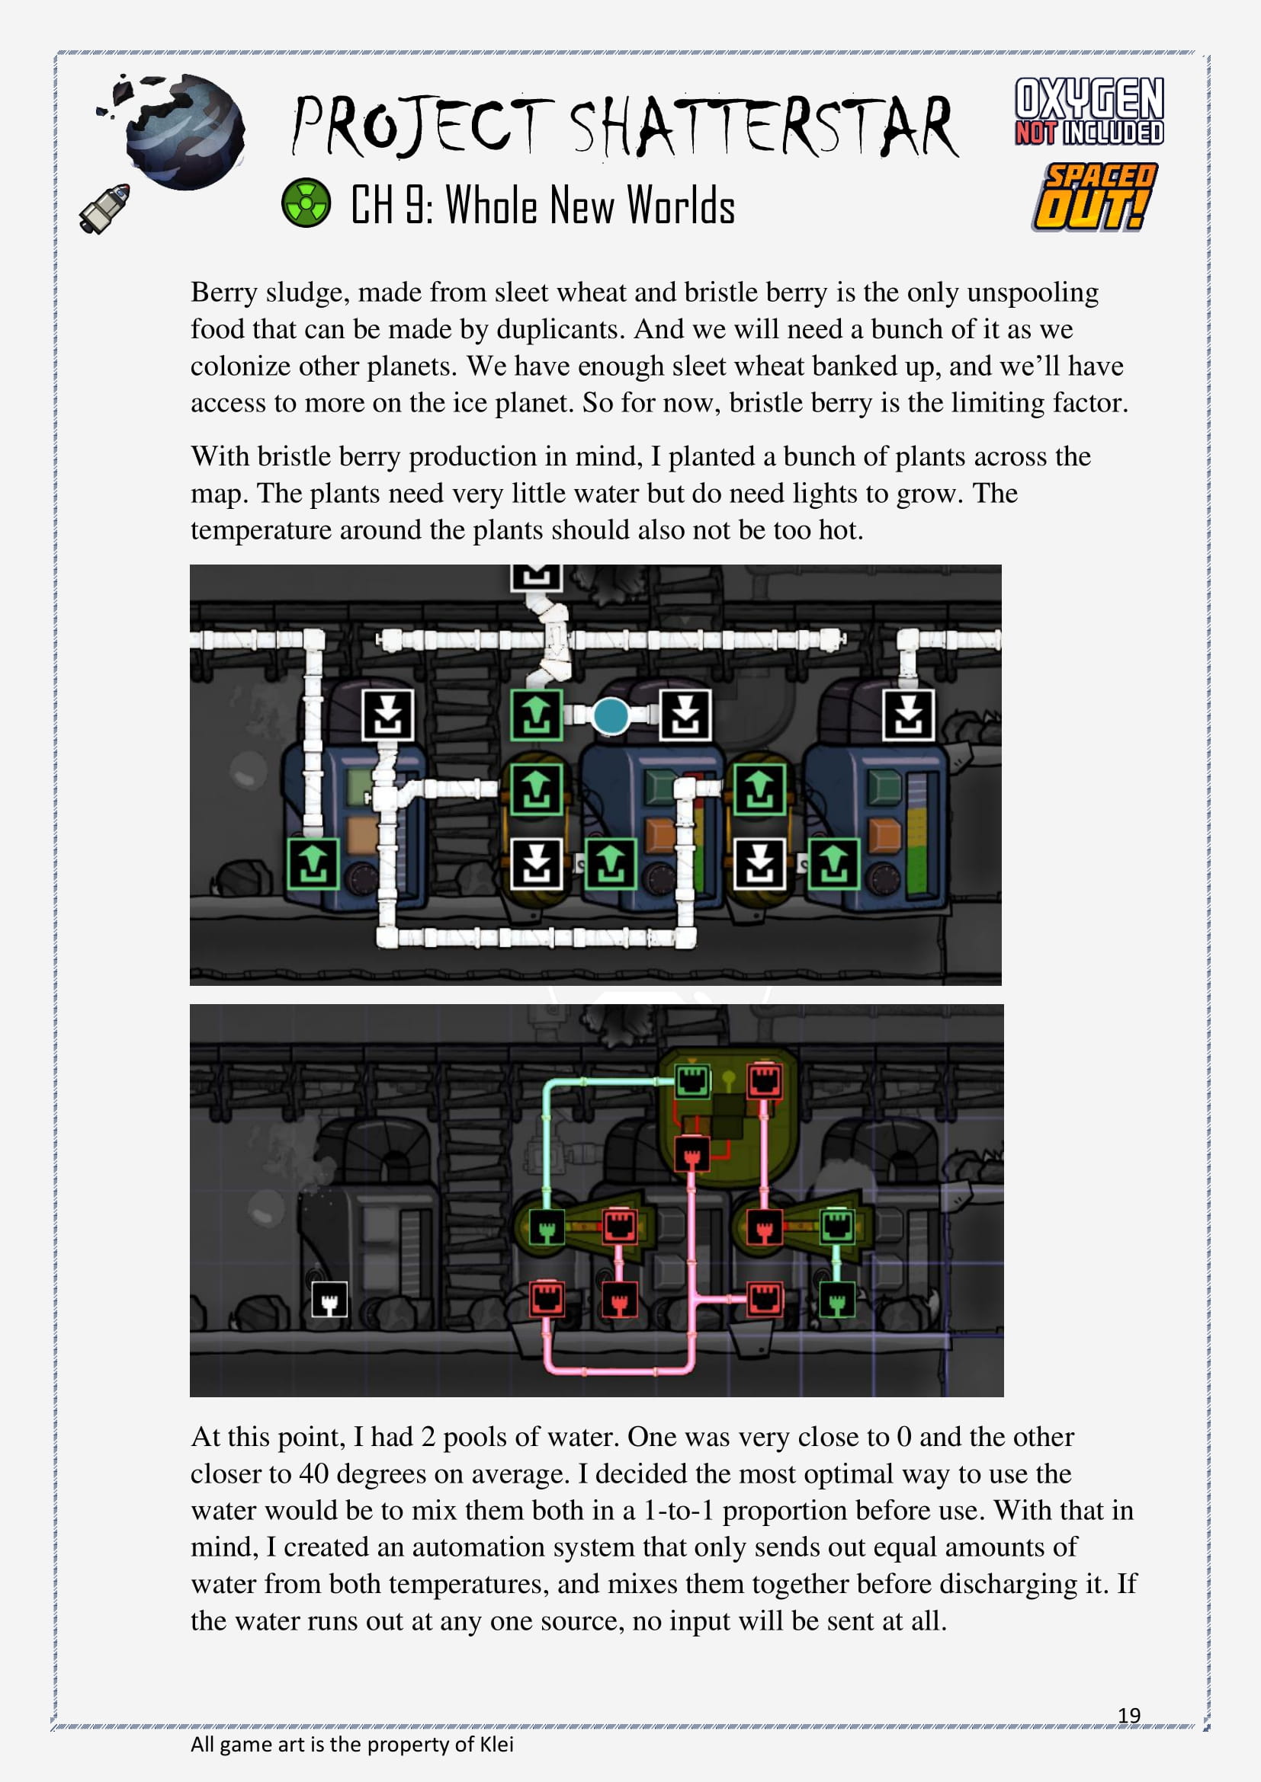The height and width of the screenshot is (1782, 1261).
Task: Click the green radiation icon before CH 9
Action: tap(306, 203)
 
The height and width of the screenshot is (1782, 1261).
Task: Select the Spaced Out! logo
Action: tap(1095, 197)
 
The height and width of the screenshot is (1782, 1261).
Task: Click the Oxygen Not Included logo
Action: tap(1089, 111)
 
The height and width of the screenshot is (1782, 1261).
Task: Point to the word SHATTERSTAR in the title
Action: tap(765, 126)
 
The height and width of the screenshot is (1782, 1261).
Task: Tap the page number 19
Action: tap(1129, 1714)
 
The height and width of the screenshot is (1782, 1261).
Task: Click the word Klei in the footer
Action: tap(496, 1744)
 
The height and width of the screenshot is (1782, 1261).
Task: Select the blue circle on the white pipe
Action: tap(611, 715)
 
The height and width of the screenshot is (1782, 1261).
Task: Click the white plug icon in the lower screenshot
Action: tap(329, 1298)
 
